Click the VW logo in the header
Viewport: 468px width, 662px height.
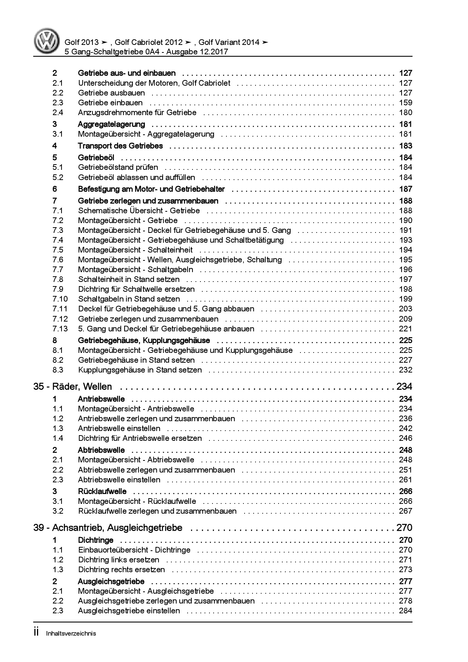47,41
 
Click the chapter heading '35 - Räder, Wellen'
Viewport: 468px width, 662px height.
72,386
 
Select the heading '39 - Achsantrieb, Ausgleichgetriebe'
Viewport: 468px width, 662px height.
108,528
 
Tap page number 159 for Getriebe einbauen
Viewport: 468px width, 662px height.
405,103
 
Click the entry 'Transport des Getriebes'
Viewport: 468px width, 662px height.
120,146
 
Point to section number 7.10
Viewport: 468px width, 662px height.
60,299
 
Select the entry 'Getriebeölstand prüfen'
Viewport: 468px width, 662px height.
118,168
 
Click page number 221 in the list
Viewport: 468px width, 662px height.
405,329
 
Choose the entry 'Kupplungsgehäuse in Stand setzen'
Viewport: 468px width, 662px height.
140,370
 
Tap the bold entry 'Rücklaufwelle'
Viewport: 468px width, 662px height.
102,491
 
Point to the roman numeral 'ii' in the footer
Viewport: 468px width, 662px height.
37,633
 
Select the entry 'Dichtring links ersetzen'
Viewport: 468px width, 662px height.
119,560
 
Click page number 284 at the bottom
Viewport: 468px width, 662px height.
405,611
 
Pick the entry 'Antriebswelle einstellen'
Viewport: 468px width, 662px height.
119,428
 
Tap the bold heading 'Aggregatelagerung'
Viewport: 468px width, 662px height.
111,124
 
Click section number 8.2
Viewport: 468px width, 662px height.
58,360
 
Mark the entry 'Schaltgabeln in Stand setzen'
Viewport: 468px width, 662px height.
129,299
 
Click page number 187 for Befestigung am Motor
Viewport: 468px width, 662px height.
405,189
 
